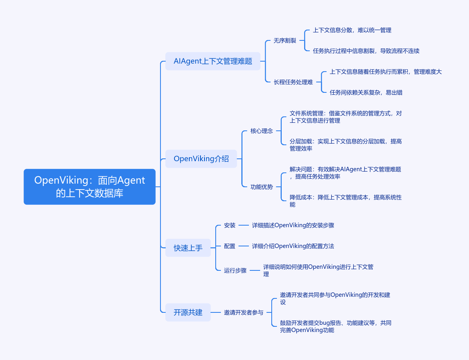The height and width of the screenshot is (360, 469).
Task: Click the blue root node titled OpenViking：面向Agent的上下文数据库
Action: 89,187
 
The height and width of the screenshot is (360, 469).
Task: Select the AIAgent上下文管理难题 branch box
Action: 213,61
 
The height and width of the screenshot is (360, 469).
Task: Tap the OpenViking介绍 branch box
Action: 201,159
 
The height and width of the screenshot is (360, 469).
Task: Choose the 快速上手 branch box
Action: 188,248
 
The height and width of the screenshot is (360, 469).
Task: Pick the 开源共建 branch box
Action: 188,312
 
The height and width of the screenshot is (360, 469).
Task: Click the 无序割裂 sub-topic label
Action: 285,40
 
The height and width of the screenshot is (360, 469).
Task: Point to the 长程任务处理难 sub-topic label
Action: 293,82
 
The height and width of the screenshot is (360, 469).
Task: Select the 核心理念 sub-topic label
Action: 262,131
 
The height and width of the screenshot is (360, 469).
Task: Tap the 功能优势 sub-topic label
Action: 262,187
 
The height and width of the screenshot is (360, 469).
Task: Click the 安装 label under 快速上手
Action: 230,225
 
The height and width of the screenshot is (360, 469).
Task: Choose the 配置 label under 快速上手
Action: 230,246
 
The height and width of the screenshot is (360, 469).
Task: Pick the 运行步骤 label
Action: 235,270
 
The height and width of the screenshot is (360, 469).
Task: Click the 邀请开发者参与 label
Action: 244,312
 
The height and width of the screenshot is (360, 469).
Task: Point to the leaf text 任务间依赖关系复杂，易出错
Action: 366,92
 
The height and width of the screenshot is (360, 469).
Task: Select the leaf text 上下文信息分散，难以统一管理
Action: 352,30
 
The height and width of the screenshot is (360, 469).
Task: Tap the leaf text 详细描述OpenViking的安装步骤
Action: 293,225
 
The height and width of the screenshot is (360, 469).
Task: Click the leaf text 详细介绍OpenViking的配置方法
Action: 293,246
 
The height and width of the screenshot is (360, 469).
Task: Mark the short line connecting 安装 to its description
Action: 244,225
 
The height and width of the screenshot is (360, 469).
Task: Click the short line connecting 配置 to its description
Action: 244,246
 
